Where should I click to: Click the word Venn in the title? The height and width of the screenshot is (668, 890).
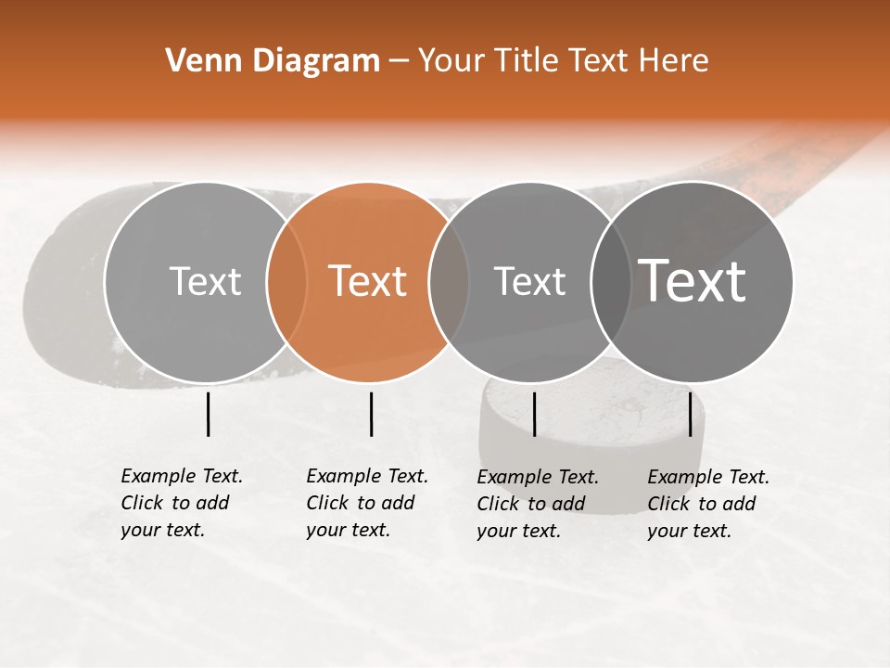coord(197,61)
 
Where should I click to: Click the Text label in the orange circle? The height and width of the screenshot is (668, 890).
coord(368,281)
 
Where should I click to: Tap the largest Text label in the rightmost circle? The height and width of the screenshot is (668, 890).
coord(693,280)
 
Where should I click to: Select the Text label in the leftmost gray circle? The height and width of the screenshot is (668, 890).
coord(206,281)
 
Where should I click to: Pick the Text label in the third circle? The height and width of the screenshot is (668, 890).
coord(529,281)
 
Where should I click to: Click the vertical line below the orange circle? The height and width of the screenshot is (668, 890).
coord(371,414)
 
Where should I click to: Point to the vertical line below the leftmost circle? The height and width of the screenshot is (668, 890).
coord(208,414)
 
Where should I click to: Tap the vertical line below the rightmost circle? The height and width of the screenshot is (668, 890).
coord(690,414)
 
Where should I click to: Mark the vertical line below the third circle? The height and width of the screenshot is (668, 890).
coord(534,414)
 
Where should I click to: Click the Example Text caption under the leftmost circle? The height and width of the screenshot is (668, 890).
coord(182,503)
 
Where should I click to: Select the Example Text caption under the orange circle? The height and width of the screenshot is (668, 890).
coord(367,503)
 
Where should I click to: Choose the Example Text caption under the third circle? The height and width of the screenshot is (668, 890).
coord(538,504)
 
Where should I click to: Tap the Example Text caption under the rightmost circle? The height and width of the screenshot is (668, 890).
coord(708,504)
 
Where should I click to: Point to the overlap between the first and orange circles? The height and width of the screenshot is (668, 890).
coord(286,282)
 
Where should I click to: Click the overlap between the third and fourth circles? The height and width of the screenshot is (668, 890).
coord(611,282)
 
